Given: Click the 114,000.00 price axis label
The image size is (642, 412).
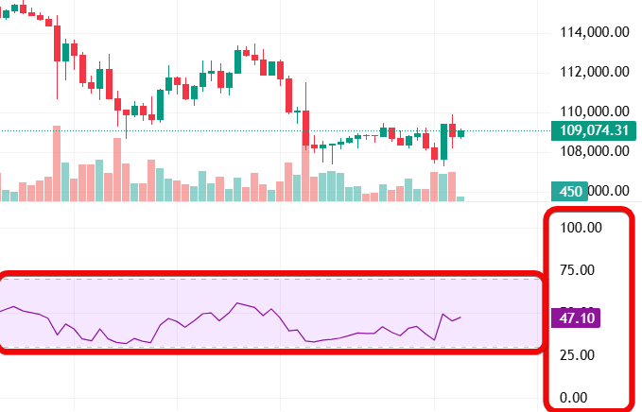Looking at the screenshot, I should (595, 31).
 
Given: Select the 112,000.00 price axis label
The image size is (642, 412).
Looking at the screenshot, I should (595, 71).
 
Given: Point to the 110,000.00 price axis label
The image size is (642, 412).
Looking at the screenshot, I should (595, 111).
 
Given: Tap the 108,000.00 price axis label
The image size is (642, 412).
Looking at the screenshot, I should (595, 150).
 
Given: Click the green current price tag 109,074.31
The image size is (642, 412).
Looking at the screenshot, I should (593, 130).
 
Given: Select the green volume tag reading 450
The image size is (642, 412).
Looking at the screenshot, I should (570, 191).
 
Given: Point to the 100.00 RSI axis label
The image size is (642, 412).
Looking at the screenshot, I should (581, 228).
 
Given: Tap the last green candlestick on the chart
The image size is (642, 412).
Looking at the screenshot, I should (461, 133).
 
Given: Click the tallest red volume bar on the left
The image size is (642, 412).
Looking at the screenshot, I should (57, 163).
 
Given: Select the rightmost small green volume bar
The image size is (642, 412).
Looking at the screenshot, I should (461, 198).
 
